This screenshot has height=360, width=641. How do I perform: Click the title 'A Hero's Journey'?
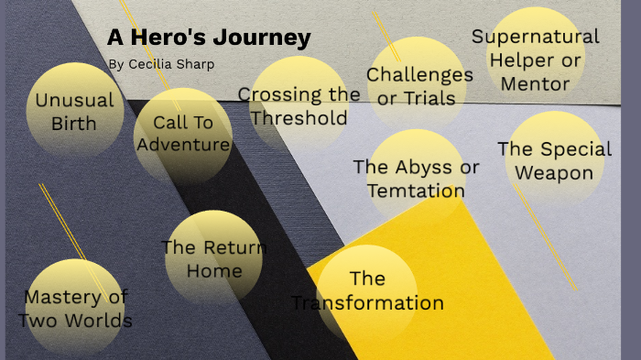209,38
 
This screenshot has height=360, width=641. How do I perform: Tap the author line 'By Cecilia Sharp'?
160,64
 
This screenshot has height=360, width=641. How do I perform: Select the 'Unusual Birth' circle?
74,110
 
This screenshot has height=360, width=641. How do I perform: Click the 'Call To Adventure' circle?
182,134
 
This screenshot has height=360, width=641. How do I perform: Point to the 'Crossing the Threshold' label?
299,105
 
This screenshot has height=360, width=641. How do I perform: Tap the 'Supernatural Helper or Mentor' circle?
536,60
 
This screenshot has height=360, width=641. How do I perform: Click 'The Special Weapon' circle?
555,160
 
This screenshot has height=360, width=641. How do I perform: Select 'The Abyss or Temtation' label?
416,179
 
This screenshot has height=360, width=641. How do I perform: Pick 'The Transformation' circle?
366,290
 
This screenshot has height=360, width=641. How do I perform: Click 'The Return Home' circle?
213,258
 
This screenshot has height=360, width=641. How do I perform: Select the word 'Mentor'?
536,83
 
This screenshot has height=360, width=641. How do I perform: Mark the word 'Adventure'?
183,145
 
